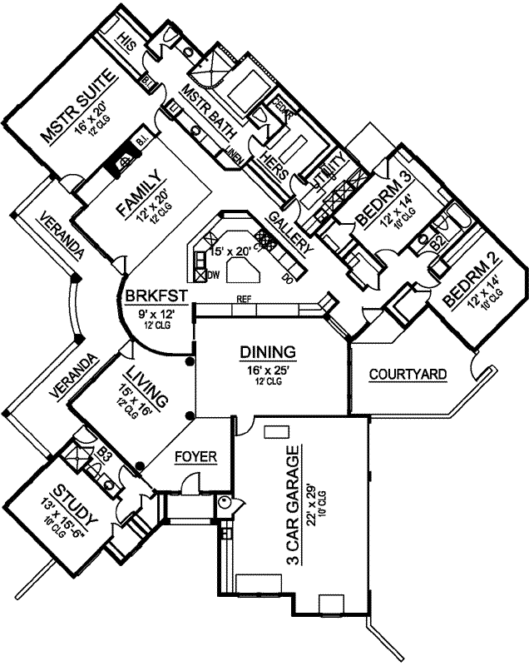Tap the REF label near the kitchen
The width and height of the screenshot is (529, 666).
click(x=244, y=298)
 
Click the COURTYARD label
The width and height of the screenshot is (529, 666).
click(x=407, y=375)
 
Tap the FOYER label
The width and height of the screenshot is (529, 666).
click(x=195, y=456)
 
